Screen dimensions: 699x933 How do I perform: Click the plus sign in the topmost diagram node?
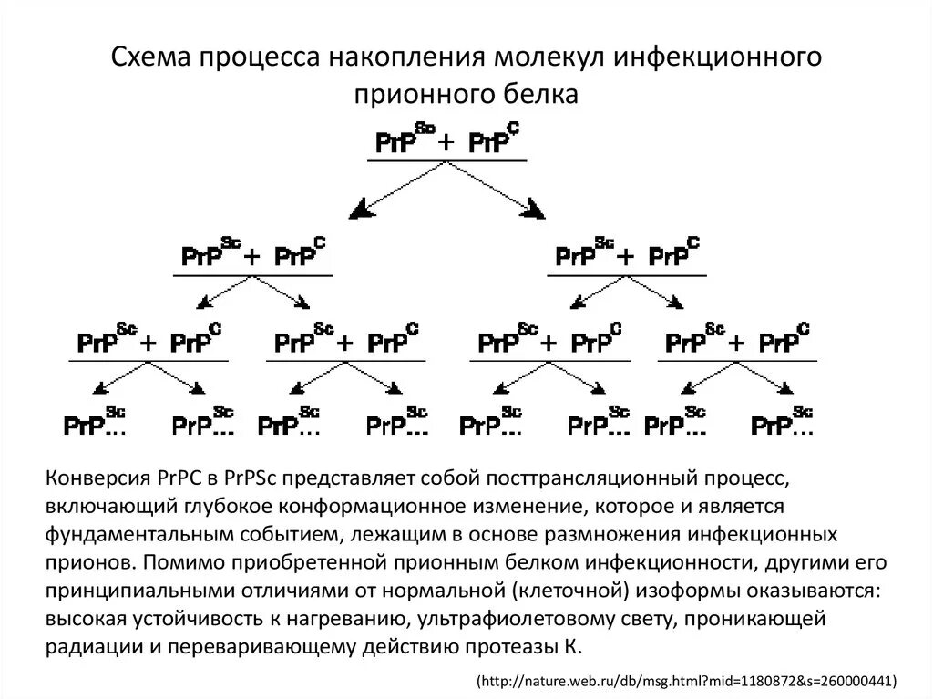coord(446,143)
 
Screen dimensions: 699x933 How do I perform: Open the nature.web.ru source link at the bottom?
coord(689,680)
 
